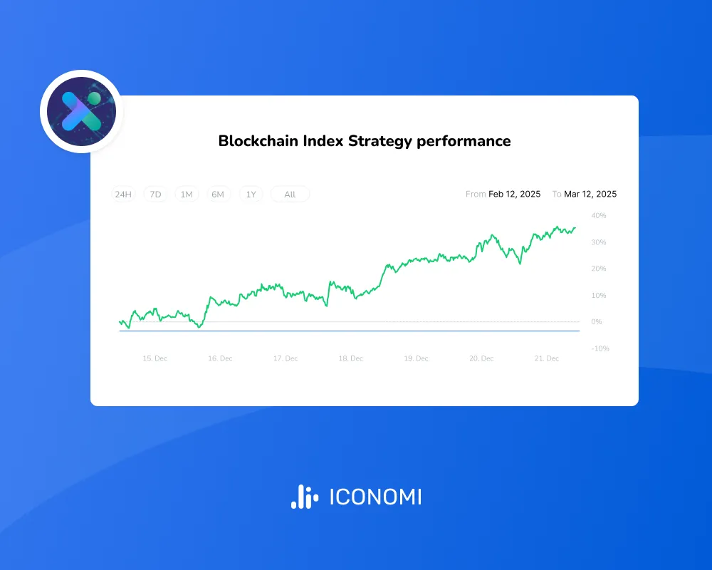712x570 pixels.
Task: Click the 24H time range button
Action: [123, 195]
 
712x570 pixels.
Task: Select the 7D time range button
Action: [155, 195]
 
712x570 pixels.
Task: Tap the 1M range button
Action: [187, 195]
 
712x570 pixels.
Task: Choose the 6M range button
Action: [218, 195]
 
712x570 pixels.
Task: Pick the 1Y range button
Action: [251, 195]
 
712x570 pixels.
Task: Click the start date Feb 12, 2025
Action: [514, 194]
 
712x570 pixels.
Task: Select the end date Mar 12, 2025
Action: [590, 194]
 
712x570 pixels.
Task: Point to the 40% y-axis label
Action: [598, 215]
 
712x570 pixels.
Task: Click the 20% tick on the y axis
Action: [598, 269]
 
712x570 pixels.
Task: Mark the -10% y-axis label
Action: [600, 348]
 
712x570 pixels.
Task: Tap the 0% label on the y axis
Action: [596, 322]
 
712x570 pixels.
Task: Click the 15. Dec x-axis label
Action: [155, 358]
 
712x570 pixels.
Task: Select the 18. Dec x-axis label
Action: [351, 358]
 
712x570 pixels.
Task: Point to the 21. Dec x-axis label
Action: [547, 358]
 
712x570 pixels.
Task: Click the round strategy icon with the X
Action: [81, 112]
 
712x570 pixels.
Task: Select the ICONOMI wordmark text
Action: [375, 497]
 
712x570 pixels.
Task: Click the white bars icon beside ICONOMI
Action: [304, 497]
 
